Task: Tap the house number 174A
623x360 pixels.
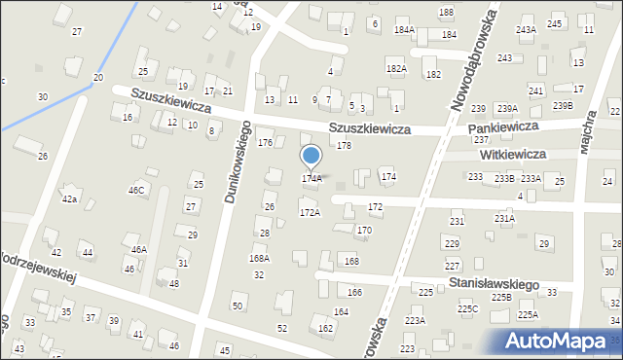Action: click(x=311, y=179)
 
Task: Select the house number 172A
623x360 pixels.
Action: click(x=310, y=212)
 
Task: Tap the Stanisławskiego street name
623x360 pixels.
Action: click(x=495, y=283)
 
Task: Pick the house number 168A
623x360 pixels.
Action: click(x=259, y=258)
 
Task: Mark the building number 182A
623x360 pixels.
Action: click(x=396, y=68)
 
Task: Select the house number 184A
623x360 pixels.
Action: click(x=404, y=30)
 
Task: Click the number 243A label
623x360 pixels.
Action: click(x=526, y=30)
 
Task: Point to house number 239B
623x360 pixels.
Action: click(x=563, y=105)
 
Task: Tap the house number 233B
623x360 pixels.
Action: click(x=504, y=178)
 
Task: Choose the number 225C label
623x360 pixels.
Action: click(x=468, y=309)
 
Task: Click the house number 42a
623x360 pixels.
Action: click(x=69, y=198)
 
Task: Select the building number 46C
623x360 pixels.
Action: click(x=136, y=190)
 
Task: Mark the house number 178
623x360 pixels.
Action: click(x=344, y=146)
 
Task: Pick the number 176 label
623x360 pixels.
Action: click(x=265, y=143)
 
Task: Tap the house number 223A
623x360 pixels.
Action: click(x=416, y=320)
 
